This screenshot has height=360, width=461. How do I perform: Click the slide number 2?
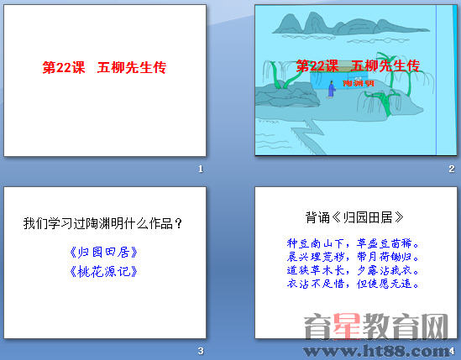coord(451,170)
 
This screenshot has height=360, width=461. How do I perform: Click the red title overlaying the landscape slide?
coord(357,66)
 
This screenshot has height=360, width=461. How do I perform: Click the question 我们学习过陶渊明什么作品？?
coord(103,224)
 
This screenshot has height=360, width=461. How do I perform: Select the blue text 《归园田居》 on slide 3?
coord(103,252)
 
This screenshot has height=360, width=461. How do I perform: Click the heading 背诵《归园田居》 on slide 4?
coord(348,217)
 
